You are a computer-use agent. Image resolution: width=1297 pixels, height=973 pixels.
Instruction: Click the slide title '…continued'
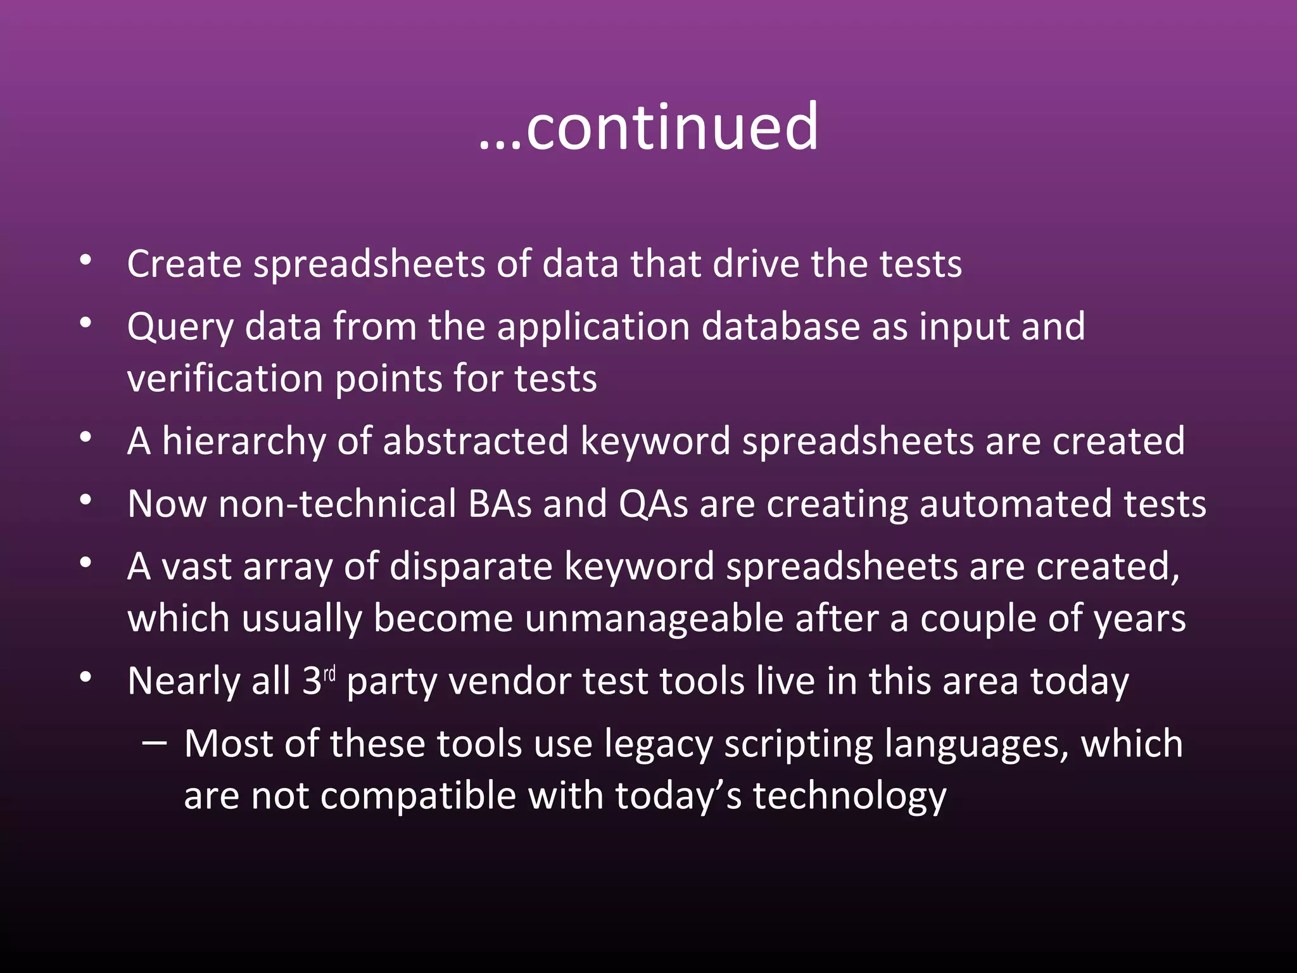[x=648, y=128]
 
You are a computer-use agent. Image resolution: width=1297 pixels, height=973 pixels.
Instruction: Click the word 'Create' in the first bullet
[x=184, y=264]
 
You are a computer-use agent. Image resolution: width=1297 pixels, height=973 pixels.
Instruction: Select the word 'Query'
[x=180, y=328]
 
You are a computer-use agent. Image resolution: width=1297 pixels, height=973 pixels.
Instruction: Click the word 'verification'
[x=225, y=379]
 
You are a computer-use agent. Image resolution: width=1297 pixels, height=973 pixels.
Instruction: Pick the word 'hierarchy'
[x=244, y=442]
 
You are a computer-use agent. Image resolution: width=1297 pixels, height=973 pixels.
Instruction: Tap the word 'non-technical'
[x=336, y=504]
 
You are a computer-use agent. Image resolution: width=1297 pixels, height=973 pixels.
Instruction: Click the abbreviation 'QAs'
[x=653, y=504]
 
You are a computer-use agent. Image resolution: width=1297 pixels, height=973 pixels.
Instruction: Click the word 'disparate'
[x=471, y=566]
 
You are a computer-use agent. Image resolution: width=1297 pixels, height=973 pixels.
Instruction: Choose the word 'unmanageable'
[x=654, y=619]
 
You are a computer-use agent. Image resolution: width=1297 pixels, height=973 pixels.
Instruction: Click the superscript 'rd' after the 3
[x=329, y=673]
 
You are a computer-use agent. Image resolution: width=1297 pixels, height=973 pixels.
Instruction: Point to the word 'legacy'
[x=658, y=745]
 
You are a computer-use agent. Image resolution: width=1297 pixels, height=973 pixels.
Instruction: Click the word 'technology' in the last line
[x=849, y=796]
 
